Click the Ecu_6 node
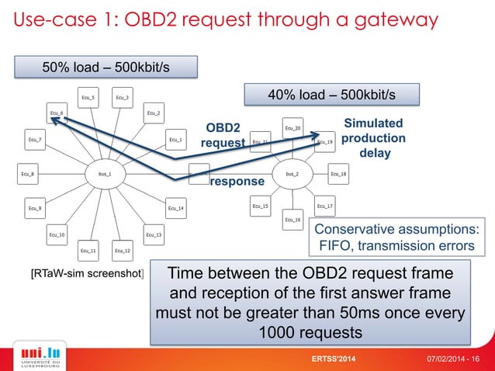click(x=56, y=113)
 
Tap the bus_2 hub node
click(x=292, y=174)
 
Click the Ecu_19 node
click(x=324, y=142)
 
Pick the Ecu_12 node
click(x=122, y=251)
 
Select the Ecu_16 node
click(x=292, y=220)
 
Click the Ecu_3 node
click(x=122, y=98)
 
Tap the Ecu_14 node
click(x=176, y=208)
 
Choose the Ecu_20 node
click(x=292, y=128)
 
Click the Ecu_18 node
click(x=338, y=174)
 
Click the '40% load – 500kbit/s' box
click(x=331, y=95)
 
